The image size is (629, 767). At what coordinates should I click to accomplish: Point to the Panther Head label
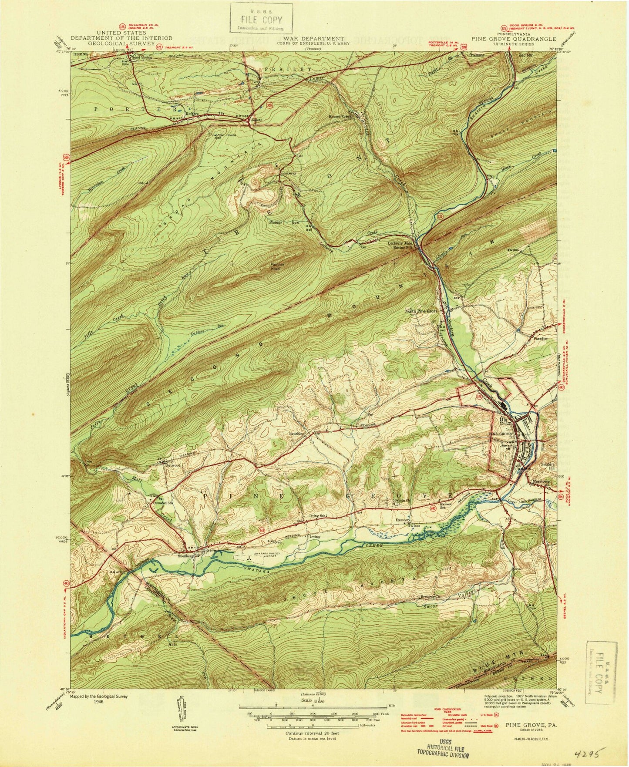(275, 266)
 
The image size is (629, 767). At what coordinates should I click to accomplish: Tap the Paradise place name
(538, 338)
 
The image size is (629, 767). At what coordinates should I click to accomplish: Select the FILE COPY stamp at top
(262, 18)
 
